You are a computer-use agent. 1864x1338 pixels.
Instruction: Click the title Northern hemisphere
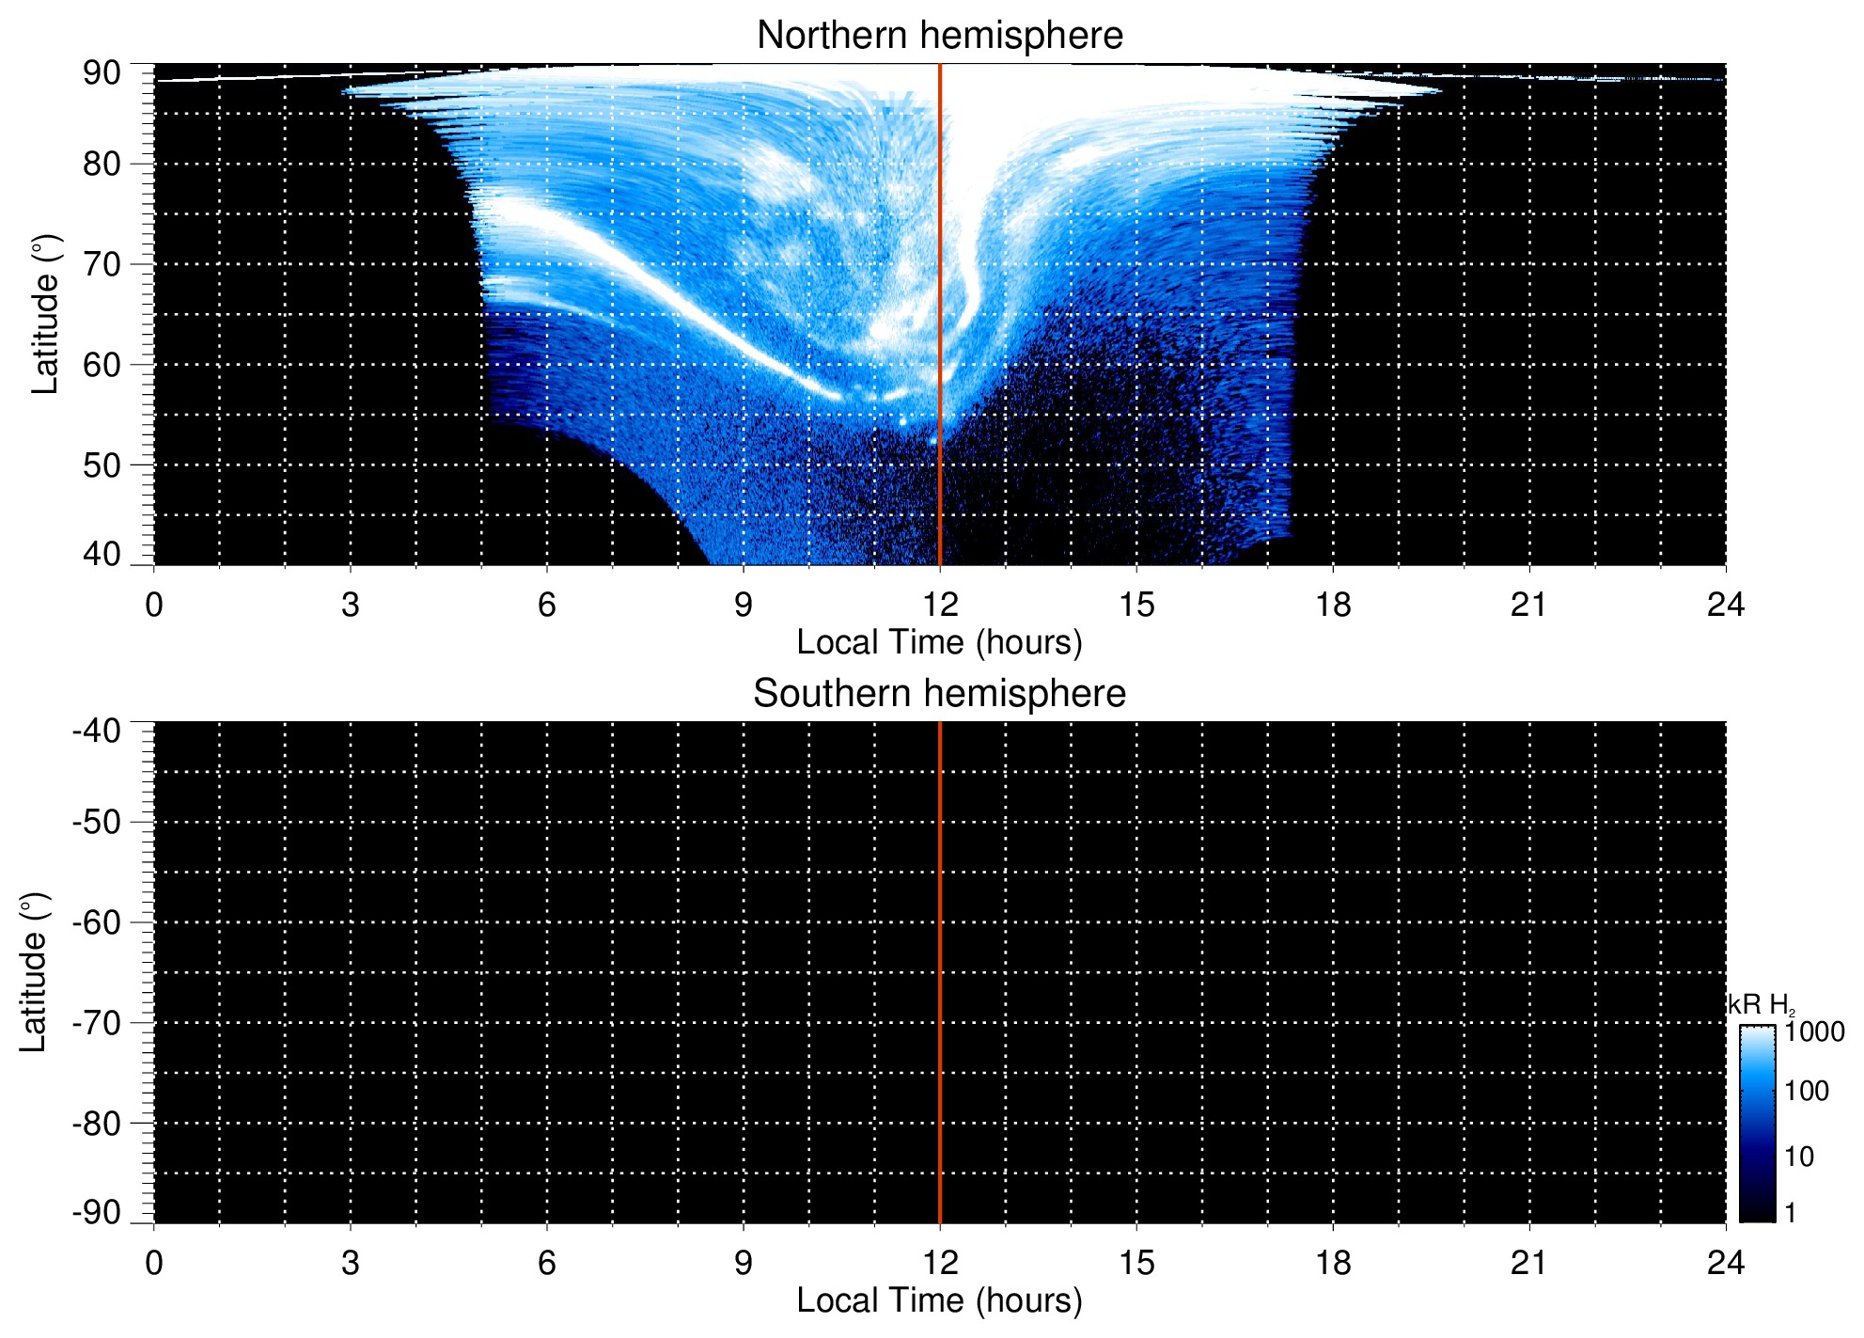click(x=939, y=36)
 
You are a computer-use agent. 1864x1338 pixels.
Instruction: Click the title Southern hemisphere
click(x=939, y=694)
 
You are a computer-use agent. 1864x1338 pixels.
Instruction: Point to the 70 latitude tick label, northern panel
click(x=102, y=264)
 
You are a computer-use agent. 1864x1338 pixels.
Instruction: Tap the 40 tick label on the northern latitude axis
click(x=102, y=554)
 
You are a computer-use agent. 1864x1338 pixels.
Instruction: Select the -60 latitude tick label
click(x=97, y=922)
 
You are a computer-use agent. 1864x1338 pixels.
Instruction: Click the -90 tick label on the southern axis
click(x=97, y=1212)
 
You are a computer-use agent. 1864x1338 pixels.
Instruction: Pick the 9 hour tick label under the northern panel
click(x=744, y=605)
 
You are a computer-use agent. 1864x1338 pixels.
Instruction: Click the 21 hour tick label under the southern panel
click(x=1528, y=1263)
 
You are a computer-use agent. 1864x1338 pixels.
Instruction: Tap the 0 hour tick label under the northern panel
click(x=154, y=605)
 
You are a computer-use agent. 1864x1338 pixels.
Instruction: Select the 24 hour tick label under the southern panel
click(x=1725, y=1263)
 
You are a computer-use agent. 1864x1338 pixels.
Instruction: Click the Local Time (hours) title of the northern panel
click(x=939, y=643)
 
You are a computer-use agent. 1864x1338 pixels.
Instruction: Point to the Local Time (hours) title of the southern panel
click(x=939, y=1301)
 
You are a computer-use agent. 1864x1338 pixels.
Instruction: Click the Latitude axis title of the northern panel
click(x=45, y=314)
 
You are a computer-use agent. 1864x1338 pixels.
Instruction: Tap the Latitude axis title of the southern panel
click(x=34, y=972)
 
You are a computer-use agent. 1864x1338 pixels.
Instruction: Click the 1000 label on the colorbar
click(x=1814, y=1032)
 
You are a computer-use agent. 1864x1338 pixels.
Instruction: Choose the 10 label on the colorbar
click(x=1799, y=1157)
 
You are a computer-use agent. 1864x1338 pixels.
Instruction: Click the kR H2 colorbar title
click(x=1760, y=1005)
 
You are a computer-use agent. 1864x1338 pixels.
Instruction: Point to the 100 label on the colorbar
click(x=1807, y=1092)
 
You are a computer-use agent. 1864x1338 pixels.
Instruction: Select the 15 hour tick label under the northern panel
click(x=1136, y=605)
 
